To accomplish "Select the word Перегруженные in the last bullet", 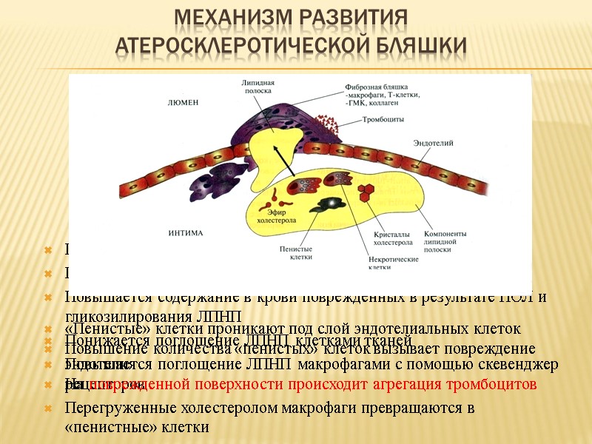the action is point(110,408).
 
